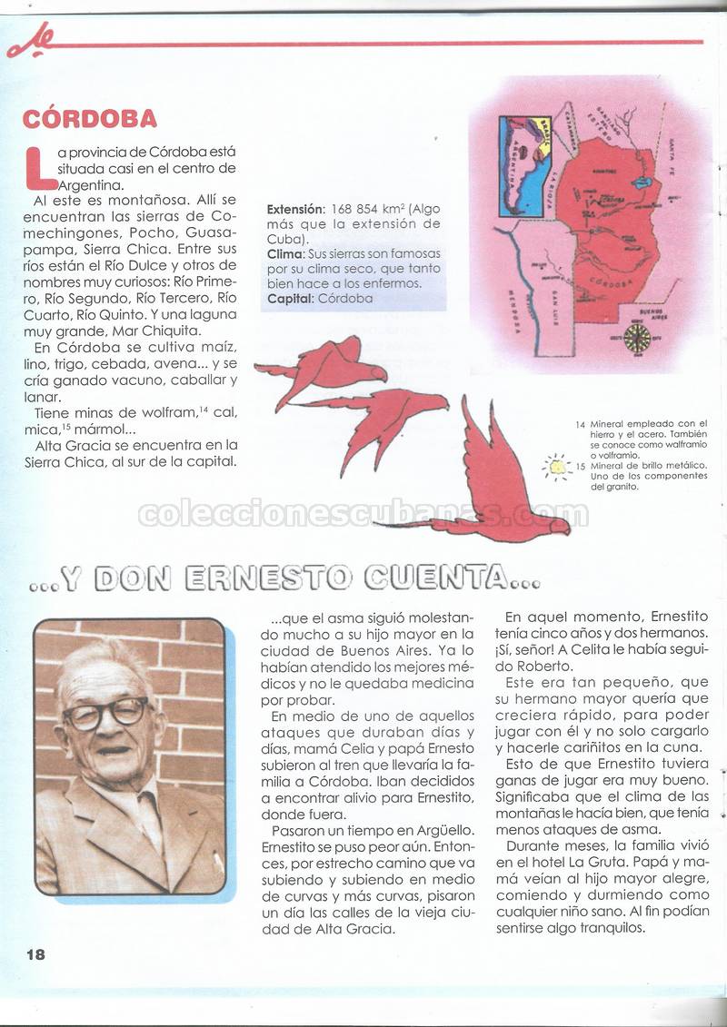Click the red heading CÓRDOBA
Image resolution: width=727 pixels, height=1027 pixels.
pos(89,119)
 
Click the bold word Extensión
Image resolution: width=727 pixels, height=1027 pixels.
pos(294,210)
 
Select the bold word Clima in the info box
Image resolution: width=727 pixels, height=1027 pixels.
pos(285,253)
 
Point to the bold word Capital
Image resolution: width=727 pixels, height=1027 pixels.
pos(290,298)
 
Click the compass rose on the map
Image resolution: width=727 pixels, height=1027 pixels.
pos(636,338)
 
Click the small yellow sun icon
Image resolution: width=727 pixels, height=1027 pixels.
pos(555,467)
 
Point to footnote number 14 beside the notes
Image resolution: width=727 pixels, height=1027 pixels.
pos(580,424)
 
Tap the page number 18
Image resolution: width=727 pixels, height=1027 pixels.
pos(35,953)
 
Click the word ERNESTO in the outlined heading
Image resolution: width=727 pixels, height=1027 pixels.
pos(268,577)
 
